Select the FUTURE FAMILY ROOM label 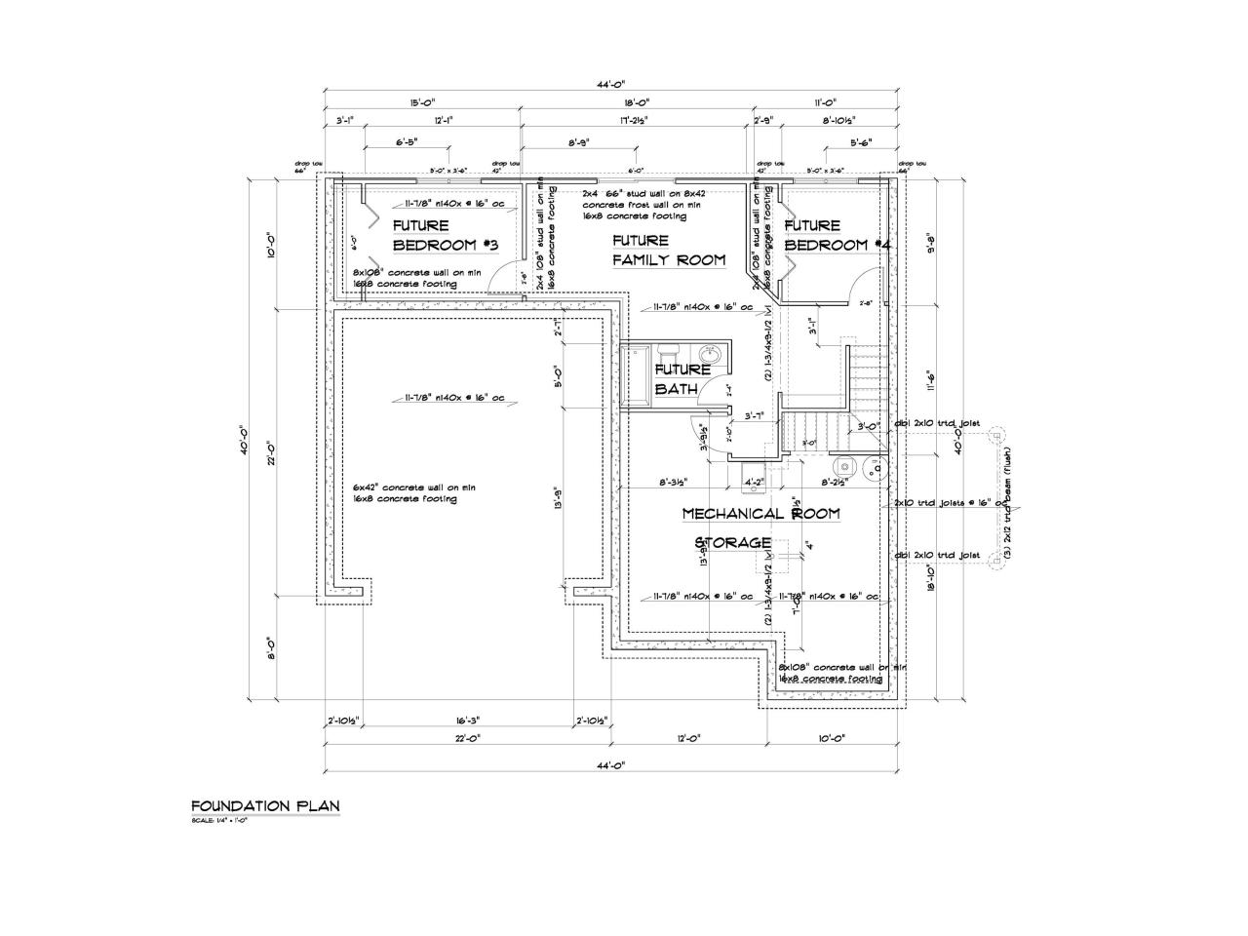[x=668, y=250]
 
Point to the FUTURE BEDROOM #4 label [x=837, y=235]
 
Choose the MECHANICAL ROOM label [x=760, y=513]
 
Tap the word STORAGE [x=733, y=542]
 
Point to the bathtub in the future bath [x=632, y=371]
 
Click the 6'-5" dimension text [x=407, y=141]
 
